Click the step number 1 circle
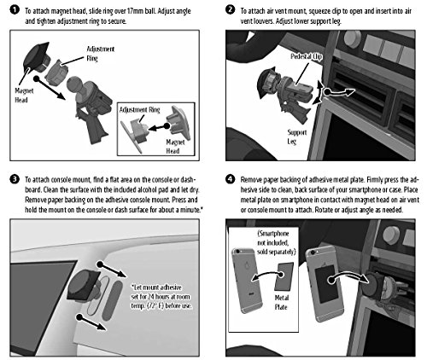tap(14, 9)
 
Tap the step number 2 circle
tap(230, 9)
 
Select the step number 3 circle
tap(15, 179)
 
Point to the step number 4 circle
tap(230, 179)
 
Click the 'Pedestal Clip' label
tap(307, 56)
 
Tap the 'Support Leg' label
tap(296, 136)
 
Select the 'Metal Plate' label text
tap(281, 302)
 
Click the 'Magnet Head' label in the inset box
tap(175, 146)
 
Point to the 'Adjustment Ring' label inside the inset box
tap(139, 110)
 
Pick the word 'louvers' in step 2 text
tap(262, 21)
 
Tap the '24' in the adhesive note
tap(152, 297)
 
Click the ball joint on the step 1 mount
tap(74, 84)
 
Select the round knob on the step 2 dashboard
tap(352, 38)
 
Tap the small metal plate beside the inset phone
tap(284, 276)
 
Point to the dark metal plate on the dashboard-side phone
tap(326, 284)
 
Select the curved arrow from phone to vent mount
tap(348, 276)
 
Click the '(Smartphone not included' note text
tap(273, 238)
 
